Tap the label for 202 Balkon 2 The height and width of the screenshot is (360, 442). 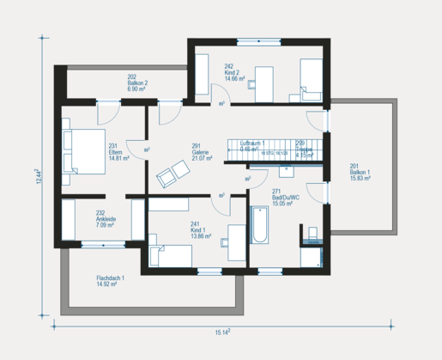tap(138, 83)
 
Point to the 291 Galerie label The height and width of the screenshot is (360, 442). tap(202, 153)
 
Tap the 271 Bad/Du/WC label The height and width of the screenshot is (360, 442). tap(285, 201)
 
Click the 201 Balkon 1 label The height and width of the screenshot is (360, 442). tap(360, 173)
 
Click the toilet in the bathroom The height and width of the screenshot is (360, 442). tap(311, 233)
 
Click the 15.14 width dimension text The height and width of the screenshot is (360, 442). tap(221, 332)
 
